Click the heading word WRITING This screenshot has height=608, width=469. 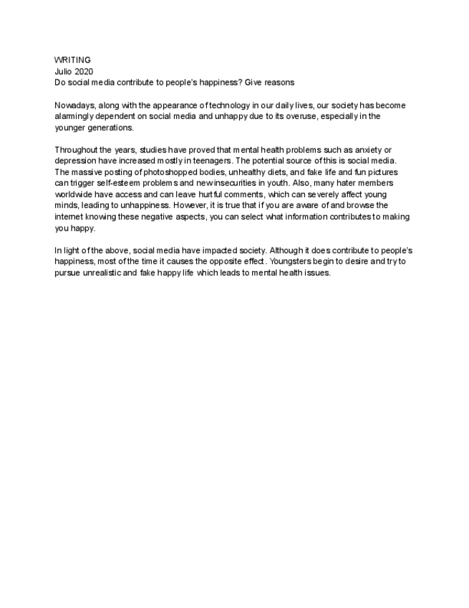(72, 60)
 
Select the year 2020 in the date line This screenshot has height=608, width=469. (84, 71)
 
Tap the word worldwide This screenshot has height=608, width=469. (76, 196)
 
